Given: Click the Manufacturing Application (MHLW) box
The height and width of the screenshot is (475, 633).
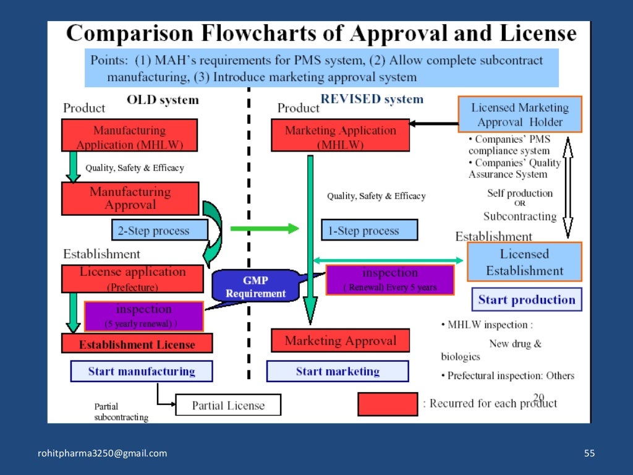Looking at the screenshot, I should click(129, 135).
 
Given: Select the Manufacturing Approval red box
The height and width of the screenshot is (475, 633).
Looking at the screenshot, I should click(130, 199).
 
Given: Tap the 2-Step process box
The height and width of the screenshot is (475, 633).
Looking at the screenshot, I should click(159, 231).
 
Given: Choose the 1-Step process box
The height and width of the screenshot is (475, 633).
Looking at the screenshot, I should click(369, 231).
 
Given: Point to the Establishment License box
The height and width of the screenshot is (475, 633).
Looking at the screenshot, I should click(137, 344).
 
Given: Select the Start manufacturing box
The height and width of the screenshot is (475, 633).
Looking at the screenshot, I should click(141, 371).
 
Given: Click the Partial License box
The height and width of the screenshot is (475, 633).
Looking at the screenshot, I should click(227, 406).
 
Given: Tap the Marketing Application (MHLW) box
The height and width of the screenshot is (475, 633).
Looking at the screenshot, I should click(340, 135).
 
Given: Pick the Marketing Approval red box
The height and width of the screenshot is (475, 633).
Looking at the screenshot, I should click(340, 340).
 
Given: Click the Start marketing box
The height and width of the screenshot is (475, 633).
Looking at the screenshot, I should click(337, 371).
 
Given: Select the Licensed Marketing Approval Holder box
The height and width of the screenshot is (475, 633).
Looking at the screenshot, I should click(520, 114).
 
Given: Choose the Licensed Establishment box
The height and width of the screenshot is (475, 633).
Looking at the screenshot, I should click(524, 262).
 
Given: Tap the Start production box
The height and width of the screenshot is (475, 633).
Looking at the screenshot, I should click(527, 300).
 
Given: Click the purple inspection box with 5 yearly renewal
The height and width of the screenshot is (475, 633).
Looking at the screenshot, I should click(143, 316).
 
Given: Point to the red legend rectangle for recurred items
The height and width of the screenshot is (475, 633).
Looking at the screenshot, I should click(388, 404).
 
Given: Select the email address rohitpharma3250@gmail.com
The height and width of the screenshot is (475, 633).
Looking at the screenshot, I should click(103, 453).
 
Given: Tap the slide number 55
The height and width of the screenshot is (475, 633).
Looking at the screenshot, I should click(589, 453).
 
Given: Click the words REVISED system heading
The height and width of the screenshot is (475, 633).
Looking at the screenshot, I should click(372, 99).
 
